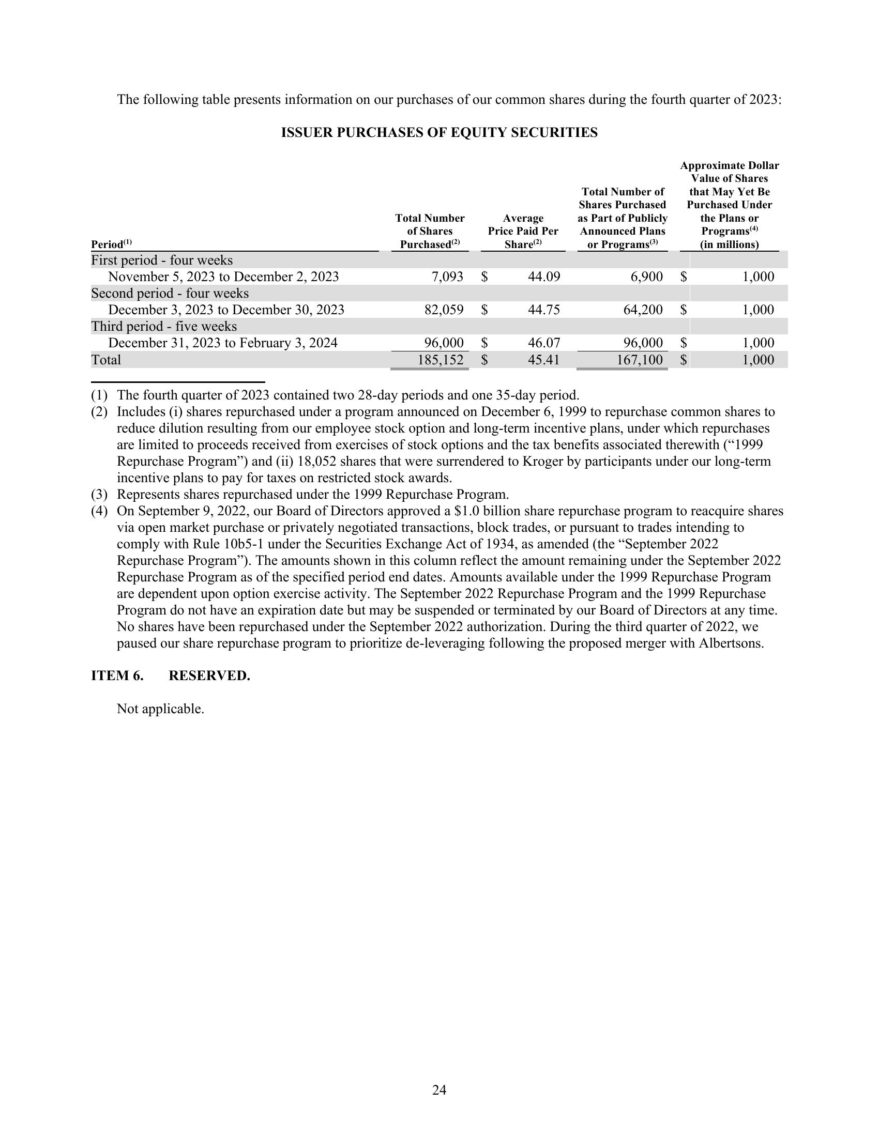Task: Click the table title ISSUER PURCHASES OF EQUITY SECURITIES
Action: [x=439, y=133]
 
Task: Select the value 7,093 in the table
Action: [x=447, y=276]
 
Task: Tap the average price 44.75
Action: [x=543, y=310]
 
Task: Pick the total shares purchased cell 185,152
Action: [x=441, y=360]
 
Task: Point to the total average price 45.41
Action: [x=543, y=360]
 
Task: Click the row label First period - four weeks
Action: [x=162, y=260]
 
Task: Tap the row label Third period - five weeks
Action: [x=164, y=327]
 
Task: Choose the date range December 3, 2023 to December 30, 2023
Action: [x=226, y=310]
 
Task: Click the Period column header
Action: [x=111, y=244]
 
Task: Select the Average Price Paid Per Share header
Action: [x=523, y=231]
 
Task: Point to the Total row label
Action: [x=105, y=360]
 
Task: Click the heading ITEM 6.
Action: [x=117, y=675]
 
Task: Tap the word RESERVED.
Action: [x=209, y=675]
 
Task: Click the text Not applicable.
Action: [x=160, y=709]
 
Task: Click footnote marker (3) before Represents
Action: [x=99, y=494]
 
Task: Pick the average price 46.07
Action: [x=543, y=343]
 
